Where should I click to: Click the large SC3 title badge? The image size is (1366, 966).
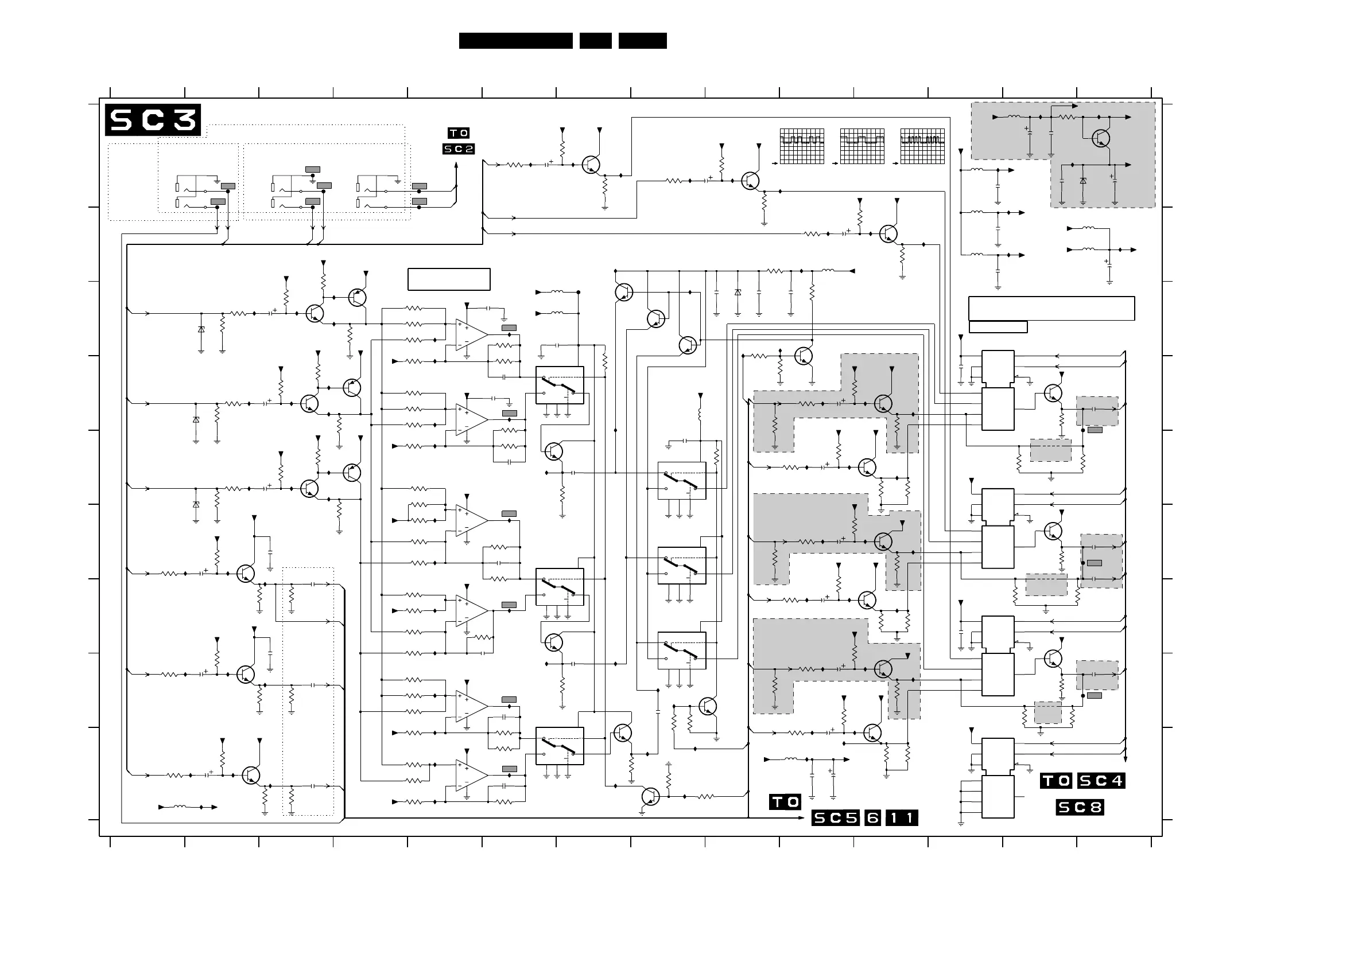[153, 120]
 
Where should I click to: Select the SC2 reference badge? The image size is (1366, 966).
[459, 149]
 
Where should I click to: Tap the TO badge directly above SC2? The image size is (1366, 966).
[459, 133]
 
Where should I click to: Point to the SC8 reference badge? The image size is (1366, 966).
[1080, 807]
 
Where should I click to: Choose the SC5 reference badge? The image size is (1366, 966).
[836, 818]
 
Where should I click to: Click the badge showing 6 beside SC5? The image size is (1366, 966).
[872, 818]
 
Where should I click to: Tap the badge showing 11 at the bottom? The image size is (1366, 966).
[902, 818]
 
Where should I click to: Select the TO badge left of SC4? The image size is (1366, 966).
[1056, 780]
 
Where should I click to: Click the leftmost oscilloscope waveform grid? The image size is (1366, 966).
[802, 146]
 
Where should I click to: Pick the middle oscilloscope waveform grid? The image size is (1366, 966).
[862, 146]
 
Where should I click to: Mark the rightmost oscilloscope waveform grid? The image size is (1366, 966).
[922, 146]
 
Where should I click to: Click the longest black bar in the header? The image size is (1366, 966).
[515, 41]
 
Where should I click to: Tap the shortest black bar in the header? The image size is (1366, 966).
[595, 41]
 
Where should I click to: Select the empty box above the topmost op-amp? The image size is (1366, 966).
[449, 279]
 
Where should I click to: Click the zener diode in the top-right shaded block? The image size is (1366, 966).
[1082, 181]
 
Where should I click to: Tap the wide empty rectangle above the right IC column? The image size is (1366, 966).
[1051, 308]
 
